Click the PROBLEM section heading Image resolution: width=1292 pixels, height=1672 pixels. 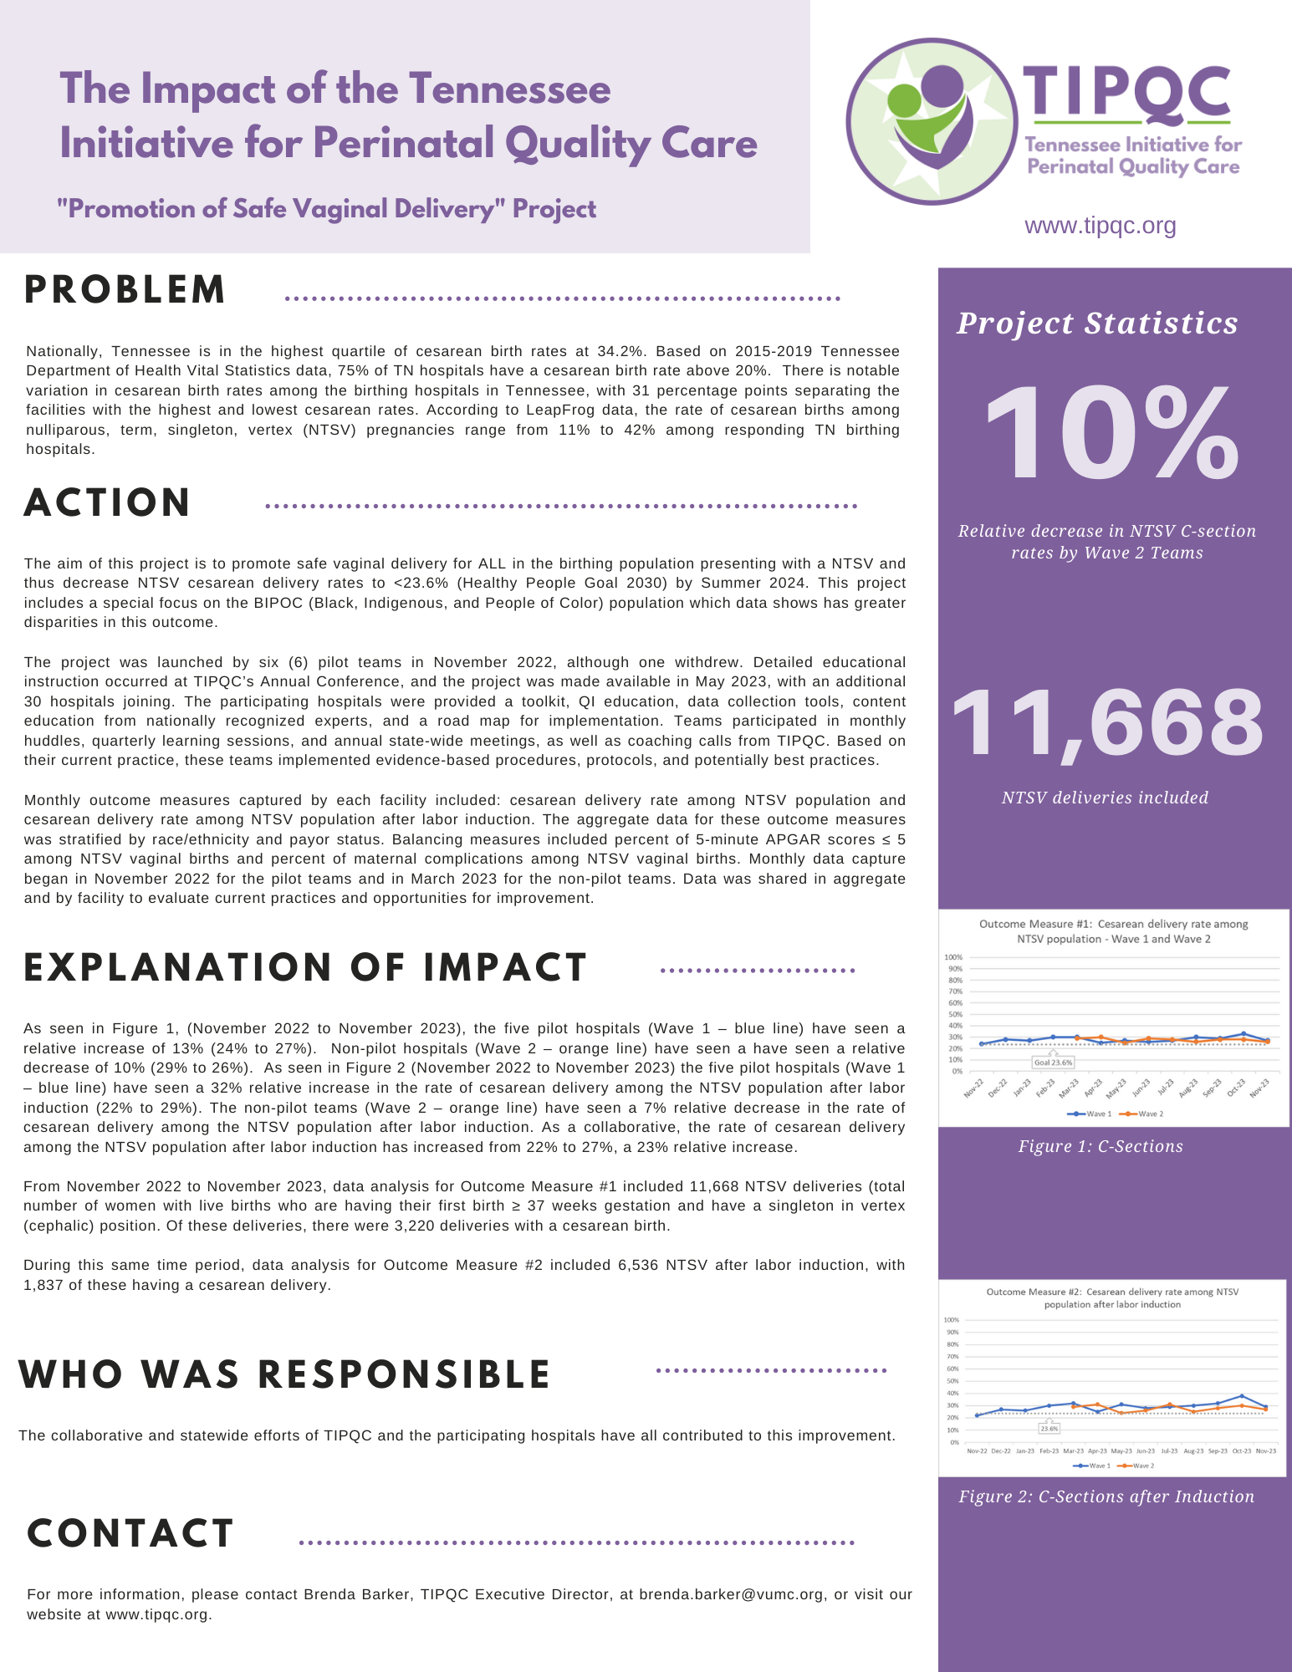coord(125,290)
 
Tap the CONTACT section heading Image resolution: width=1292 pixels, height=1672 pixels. coord(130,1533)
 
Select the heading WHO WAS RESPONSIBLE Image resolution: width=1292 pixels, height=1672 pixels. coord(284,1375)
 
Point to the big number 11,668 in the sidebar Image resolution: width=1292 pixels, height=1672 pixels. coord(1107,722)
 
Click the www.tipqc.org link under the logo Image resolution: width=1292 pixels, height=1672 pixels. coord(1100,226)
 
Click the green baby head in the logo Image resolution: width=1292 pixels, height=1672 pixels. coord(903,101)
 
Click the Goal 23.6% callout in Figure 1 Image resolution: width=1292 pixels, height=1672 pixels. coord(1053,1063)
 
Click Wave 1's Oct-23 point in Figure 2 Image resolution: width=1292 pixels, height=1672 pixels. coord(1243,1396)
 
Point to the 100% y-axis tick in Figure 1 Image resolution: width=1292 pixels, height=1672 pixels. coord(953,957)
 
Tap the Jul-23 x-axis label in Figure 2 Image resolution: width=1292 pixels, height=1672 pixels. coord(1169,1450)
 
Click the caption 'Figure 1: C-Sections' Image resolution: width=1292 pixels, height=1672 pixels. coord(1100,1146)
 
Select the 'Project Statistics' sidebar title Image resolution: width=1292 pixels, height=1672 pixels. coord(1097,324)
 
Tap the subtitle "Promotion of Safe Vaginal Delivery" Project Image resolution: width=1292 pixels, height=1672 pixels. coord(327,209)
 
